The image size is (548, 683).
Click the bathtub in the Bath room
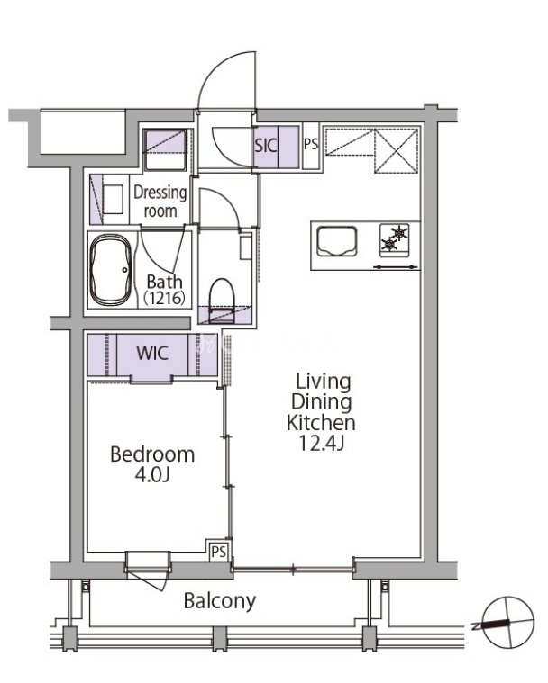pos(110,269)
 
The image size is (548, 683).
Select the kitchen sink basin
pos(337,241)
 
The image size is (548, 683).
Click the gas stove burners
pos(395,238)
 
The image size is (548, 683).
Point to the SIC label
pos(266,146)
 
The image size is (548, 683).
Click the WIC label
pos(152,354)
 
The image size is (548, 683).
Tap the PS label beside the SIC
pos(311,144)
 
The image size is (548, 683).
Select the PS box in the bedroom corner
pos(219,552)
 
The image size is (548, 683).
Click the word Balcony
pos(219,601)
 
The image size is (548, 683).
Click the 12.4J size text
pos(322,443)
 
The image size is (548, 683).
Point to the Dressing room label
pos(160,202)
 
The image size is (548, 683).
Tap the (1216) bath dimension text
pos(164,299)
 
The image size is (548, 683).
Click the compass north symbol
pos(508,623)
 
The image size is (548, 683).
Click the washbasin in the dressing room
pos(113,199)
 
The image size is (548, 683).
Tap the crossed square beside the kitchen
pos(397,150)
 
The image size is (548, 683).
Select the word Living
pos(324,382)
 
